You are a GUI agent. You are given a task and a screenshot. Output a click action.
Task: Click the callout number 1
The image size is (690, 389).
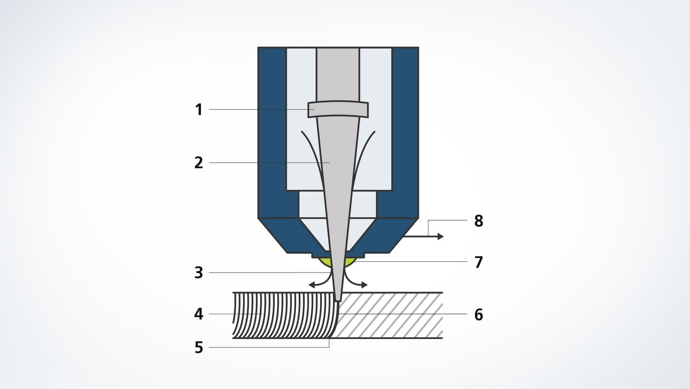click(x=199, y=110)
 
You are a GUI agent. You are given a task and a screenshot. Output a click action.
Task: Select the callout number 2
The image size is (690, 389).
click(x=199, y=163)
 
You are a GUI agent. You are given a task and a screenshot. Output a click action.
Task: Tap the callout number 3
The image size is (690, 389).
click(x=199, y=273)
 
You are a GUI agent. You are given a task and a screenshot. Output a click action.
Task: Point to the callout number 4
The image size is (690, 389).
click(x=199, y=314)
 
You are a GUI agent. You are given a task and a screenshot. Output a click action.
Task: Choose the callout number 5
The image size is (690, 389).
click(x=199, y=348)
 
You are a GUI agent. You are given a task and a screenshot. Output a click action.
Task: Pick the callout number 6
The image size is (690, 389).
click(x=478, y=315)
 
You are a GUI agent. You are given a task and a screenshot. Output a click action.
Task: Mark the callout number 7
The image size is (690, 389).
click(x=478, y=262)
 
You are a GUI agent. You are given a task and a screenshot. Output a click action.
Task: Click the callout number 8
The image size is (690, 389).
click(x=478, y=221)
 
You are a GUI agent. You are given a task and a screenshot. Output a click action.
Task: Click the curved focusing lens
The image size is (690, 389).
click(x=338, y=110)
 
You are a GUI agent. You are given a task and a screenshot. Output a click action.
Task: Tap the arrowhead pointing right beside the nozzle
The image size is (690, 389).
click(x=441, y=236)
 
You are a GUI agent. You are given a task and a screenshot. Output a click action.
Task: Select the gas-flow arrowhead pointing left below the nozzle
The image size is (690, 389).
click(x=312, y=285)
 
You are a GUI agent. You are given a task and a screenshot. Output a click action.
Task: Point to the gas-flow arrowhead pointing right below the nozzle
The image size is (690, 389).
click(x=364, y=285)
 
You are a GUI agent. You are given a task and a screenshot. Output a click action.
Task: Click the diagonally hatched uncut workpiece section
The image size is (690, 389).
click(x=390, y=315)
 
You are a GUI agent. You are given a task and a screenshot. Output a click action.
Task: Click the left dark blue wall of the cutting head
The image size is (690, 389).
click(x=273, y=132)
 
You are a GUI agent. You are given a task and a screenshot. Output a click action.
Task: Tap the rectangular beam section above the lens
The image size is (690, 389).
click(x=338, y=75)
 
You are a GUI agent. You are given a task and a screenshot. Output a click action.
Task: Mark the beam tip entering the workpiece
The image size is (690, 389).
click(x=338, y=299)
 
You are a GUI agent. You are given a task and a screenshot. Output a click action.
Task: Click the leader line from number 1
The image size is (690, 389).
click(x=262, y=109)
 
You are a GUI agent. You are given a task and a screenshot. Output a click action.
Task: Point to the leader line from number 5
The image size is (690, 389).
click(x=269, y=347)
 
